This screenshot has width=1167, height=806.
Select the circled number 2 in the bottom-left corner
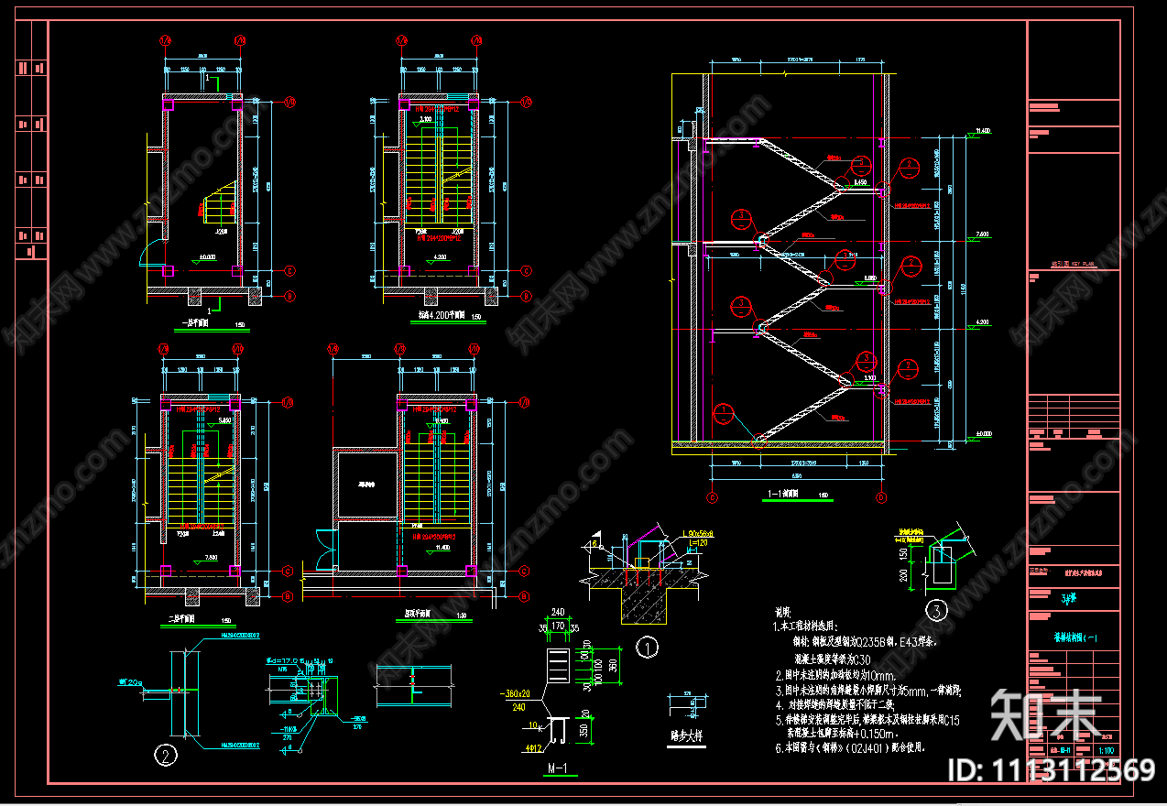coord(166,756)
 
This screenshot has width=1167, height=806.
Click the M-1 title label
coord(558,768)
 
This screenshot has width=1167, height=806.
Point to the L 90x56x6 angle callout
coord(703,532)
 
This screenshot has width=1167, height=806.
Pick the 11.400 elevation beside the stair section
coord(984,131)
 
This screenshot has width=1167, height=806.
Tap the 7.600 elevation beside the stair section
coord(984,234)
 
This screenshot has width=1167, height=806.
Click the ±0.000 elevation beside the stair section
coord(984,433)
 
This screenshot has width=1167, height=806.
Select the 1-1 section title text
coord(782,495)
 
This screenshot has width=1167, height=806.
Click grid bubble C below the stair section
coord(712,498)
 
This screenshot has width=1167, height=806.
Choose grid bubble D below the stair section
coord(881,498)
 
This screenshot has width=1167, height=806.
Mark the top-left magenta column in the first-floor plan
coord(168,105)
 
